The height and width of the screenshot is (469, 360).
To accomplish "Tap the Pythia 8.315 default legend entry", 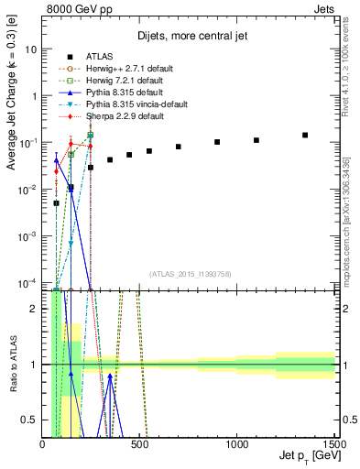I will click(111, 93).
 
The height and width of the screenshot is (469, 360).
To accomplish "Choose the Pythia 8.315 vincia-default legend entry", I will click(123, 104).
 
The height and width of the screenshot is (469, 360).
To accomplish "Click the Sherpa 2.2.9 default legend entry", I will click(111, 116).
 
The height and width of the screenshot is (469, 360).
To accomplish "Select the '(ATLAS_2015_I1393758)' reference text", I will click(190, 274).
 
